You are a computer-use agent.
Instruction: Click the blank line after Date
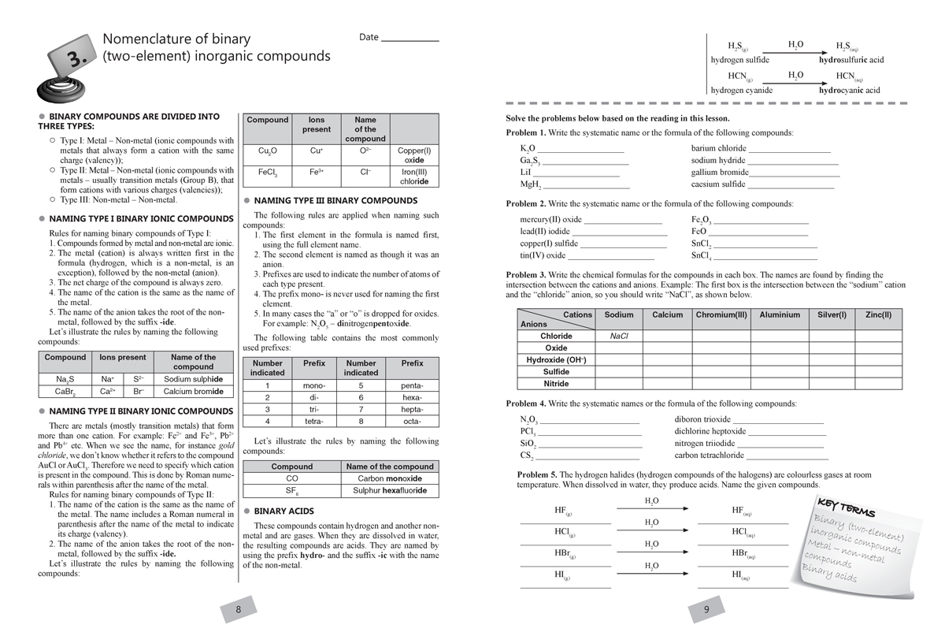[x=409, y=39]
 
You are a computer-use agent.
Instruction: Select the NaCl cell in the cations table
[x=619, y=336]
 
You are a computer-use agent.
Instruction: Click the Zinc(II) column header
[x=878, y=315]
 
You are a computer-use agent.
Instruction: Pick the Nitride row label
[x=556, y=384]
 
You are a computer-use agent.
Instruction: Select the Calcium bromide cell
[x=193, y=391]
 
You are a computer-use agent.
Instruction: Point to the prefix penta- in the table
[x=412, y=385]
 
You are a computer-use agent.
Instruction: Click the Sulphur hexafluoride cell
[x=390, y=490]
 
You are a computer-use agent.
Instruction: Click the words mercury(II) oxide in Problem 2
[x=551, y=220]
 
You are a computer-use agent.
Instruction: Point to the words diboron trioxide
[x=702, y=419]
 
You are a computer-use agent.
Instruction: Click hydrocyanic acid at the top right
[x=849, y=90]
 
